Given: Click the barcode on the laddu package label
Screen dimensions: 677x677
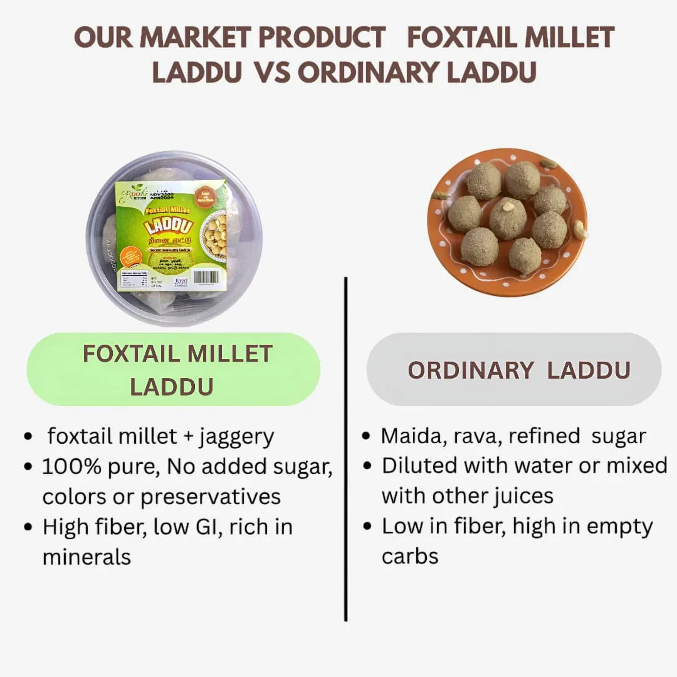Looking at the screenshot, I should click(x=206, y=276).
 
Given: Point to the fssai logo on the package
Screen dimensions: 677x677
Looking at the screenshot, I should click(x=181, y=282).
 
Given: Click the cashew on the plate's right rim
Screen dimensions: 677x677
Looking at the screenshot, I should click(x=580, y=231).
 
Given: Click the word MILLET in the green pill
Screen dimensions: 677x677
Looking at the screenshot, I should click(x=229, y=354).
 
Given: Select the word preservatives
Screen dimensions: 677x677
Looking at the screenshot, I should click(x=210, y=496).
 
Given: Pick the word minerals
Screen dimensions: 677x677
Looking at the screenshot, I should click(x=87, y=557).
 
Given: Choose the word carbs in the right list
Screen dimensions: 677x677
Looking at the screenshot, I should click(x=409, y=556).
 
